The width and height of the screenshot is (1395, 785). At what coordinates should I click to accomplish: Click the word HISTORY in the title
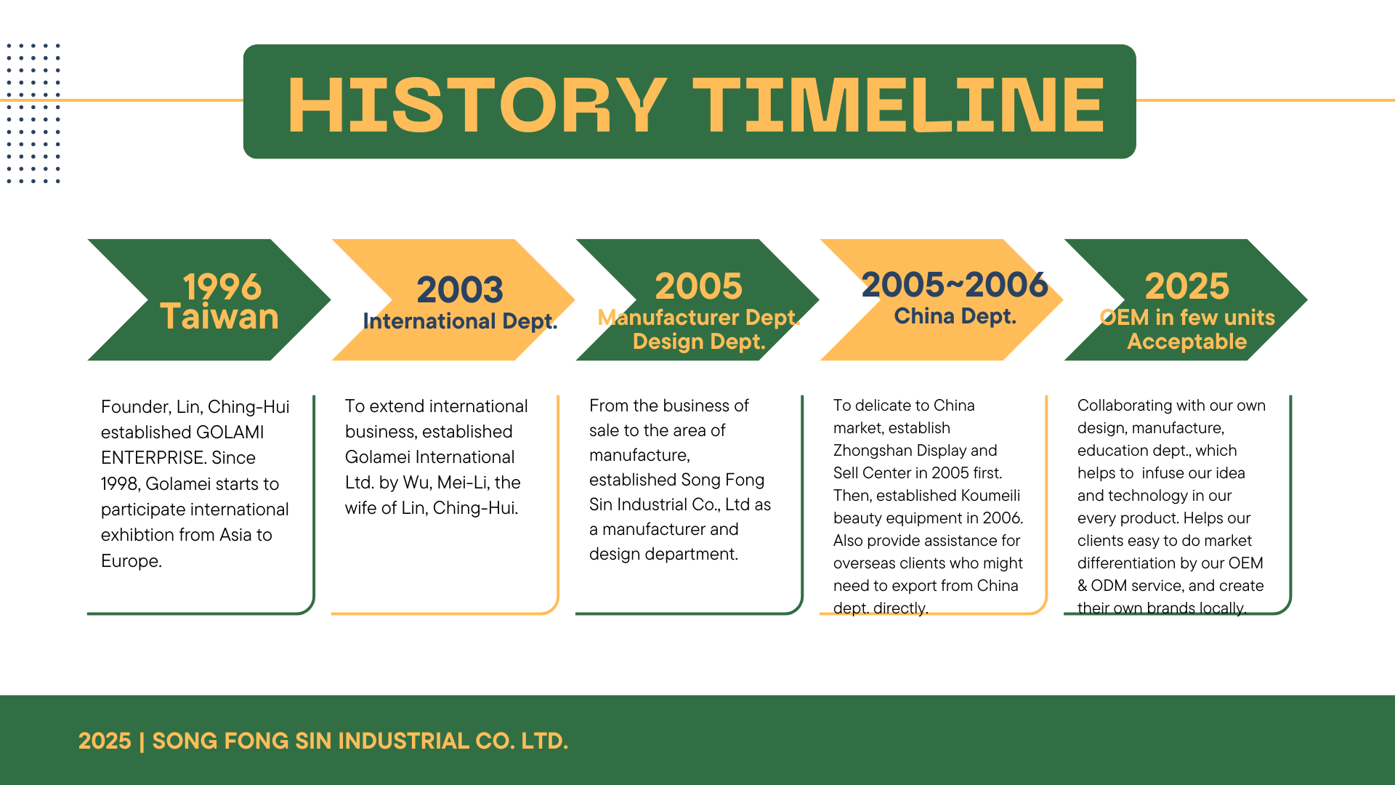click(x=477, y=105)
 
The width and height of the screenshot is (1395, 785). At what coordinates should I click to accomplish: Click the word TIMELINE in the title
click(x=898, y=105)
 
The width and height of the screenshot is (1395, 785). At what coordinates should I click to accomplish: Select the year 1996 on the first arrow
click(x=222, y=286)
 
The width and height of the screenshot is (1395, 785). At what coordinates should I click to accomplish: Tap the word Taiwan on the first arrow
click(x=219, y=317)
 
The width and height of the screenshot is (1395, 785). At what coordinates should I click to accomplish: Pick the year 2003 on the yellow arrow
click(x=460, y=289)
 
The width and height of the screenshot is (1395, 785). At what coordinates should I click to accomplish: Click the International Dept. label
click(x=460, y=321)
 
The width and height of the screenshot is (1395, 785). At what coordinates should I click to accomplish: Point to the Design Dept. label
click(x=699, y=342)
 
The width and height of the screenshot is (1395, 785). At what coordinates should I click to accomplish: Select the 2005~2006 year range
click(x=955, y=284)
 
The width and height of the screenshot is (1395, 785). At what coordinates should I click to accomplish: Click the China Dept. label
click(x=955, y=316)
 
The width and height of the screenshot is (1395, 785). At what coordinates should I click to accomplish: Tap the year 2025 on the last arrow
click(x=1187, y=286)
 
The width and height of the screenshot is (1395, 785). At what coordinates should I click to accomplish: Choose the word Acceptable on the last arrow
click(x=1187, y=342)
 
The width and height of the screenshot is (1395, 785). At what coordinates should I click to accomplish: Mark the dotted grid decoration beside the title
click(x=33, y=113)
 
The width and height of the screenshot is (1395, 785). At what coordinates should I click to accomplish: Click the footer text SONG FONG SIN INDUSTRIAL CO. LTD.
click(x=360, y=741)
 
